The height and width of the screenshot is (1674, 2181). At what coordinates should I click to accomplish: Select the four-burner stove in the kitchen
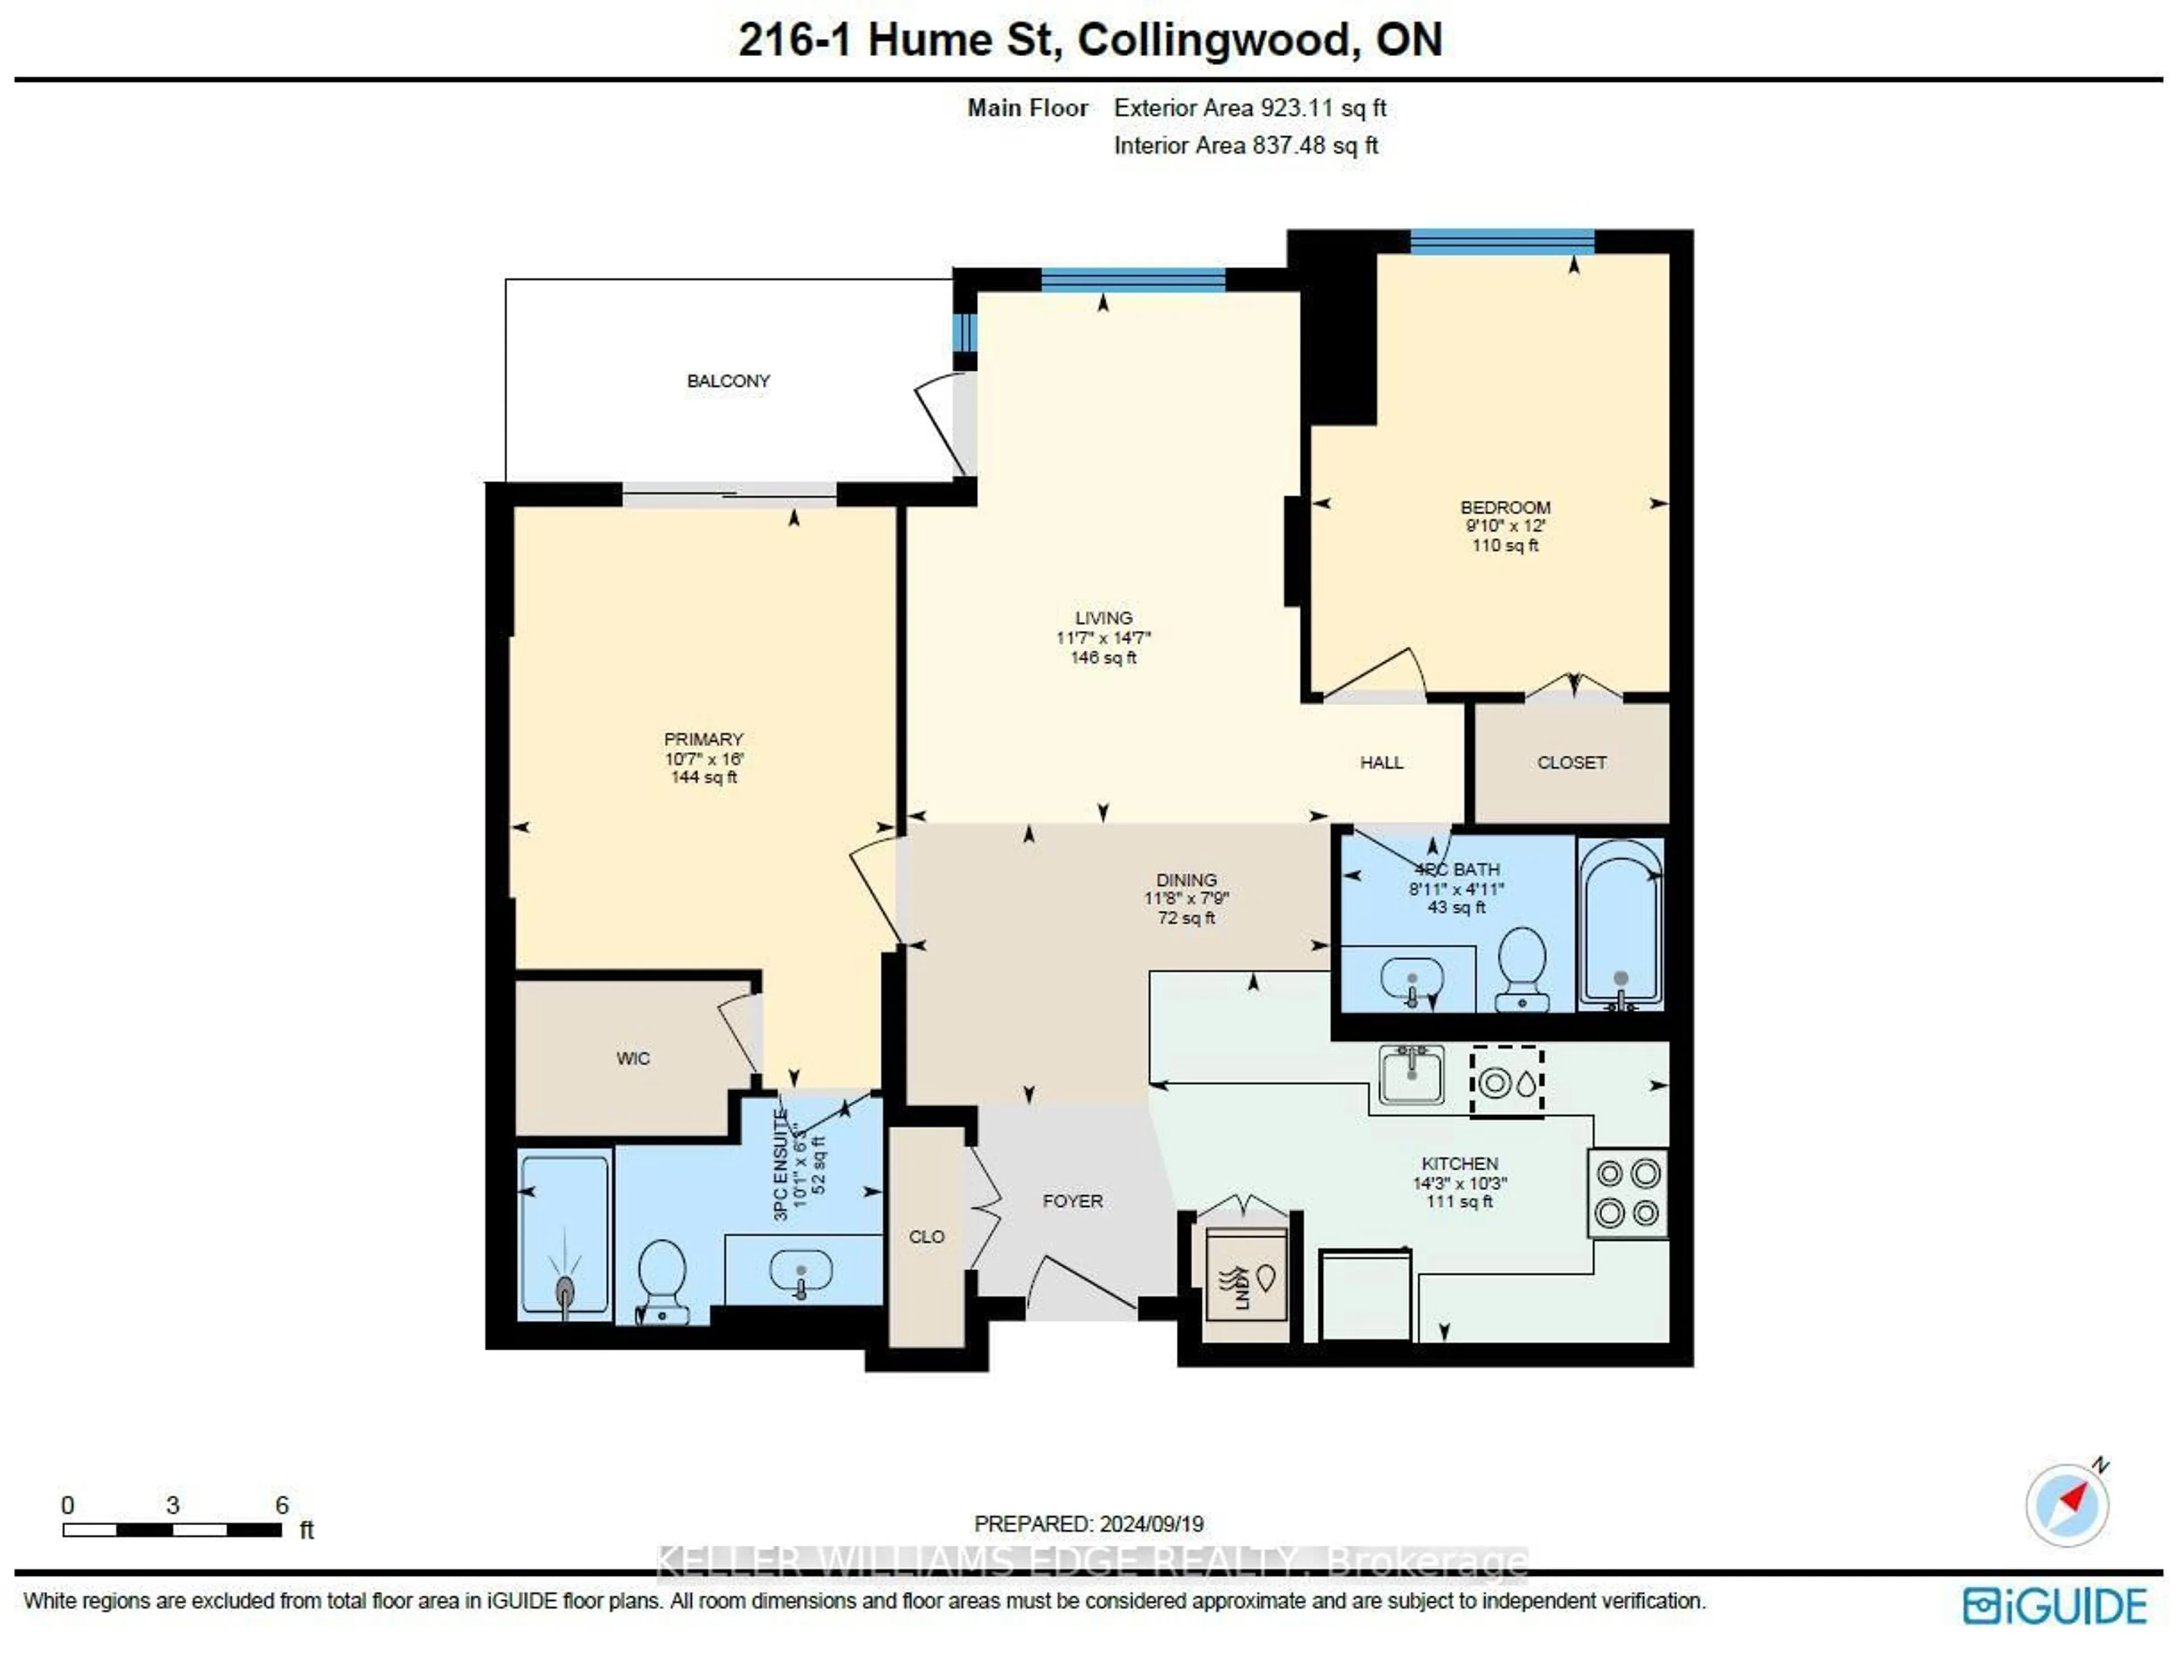click(x=1627, y=1192)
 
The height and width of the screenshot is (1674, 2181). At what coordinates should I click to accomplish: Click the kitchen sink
click(x=1410, y=1074)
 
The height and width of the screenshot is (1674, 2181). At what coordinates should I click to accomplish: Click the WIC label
click(x=633, y=1058)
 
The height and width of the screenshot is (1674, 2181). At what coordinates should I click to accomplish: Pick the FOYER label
click(x=1072, y=1200)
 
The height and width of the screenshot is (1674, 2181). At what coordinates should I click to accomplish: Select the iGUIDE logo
click(x=2054, y=1607)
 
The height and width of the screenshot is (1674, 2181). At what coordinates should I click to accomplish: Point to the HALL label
click(x=1381, y=762)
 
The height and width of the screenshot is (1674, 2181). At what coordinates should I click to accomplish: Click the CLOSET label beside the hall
click(x=1571, y=762)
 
